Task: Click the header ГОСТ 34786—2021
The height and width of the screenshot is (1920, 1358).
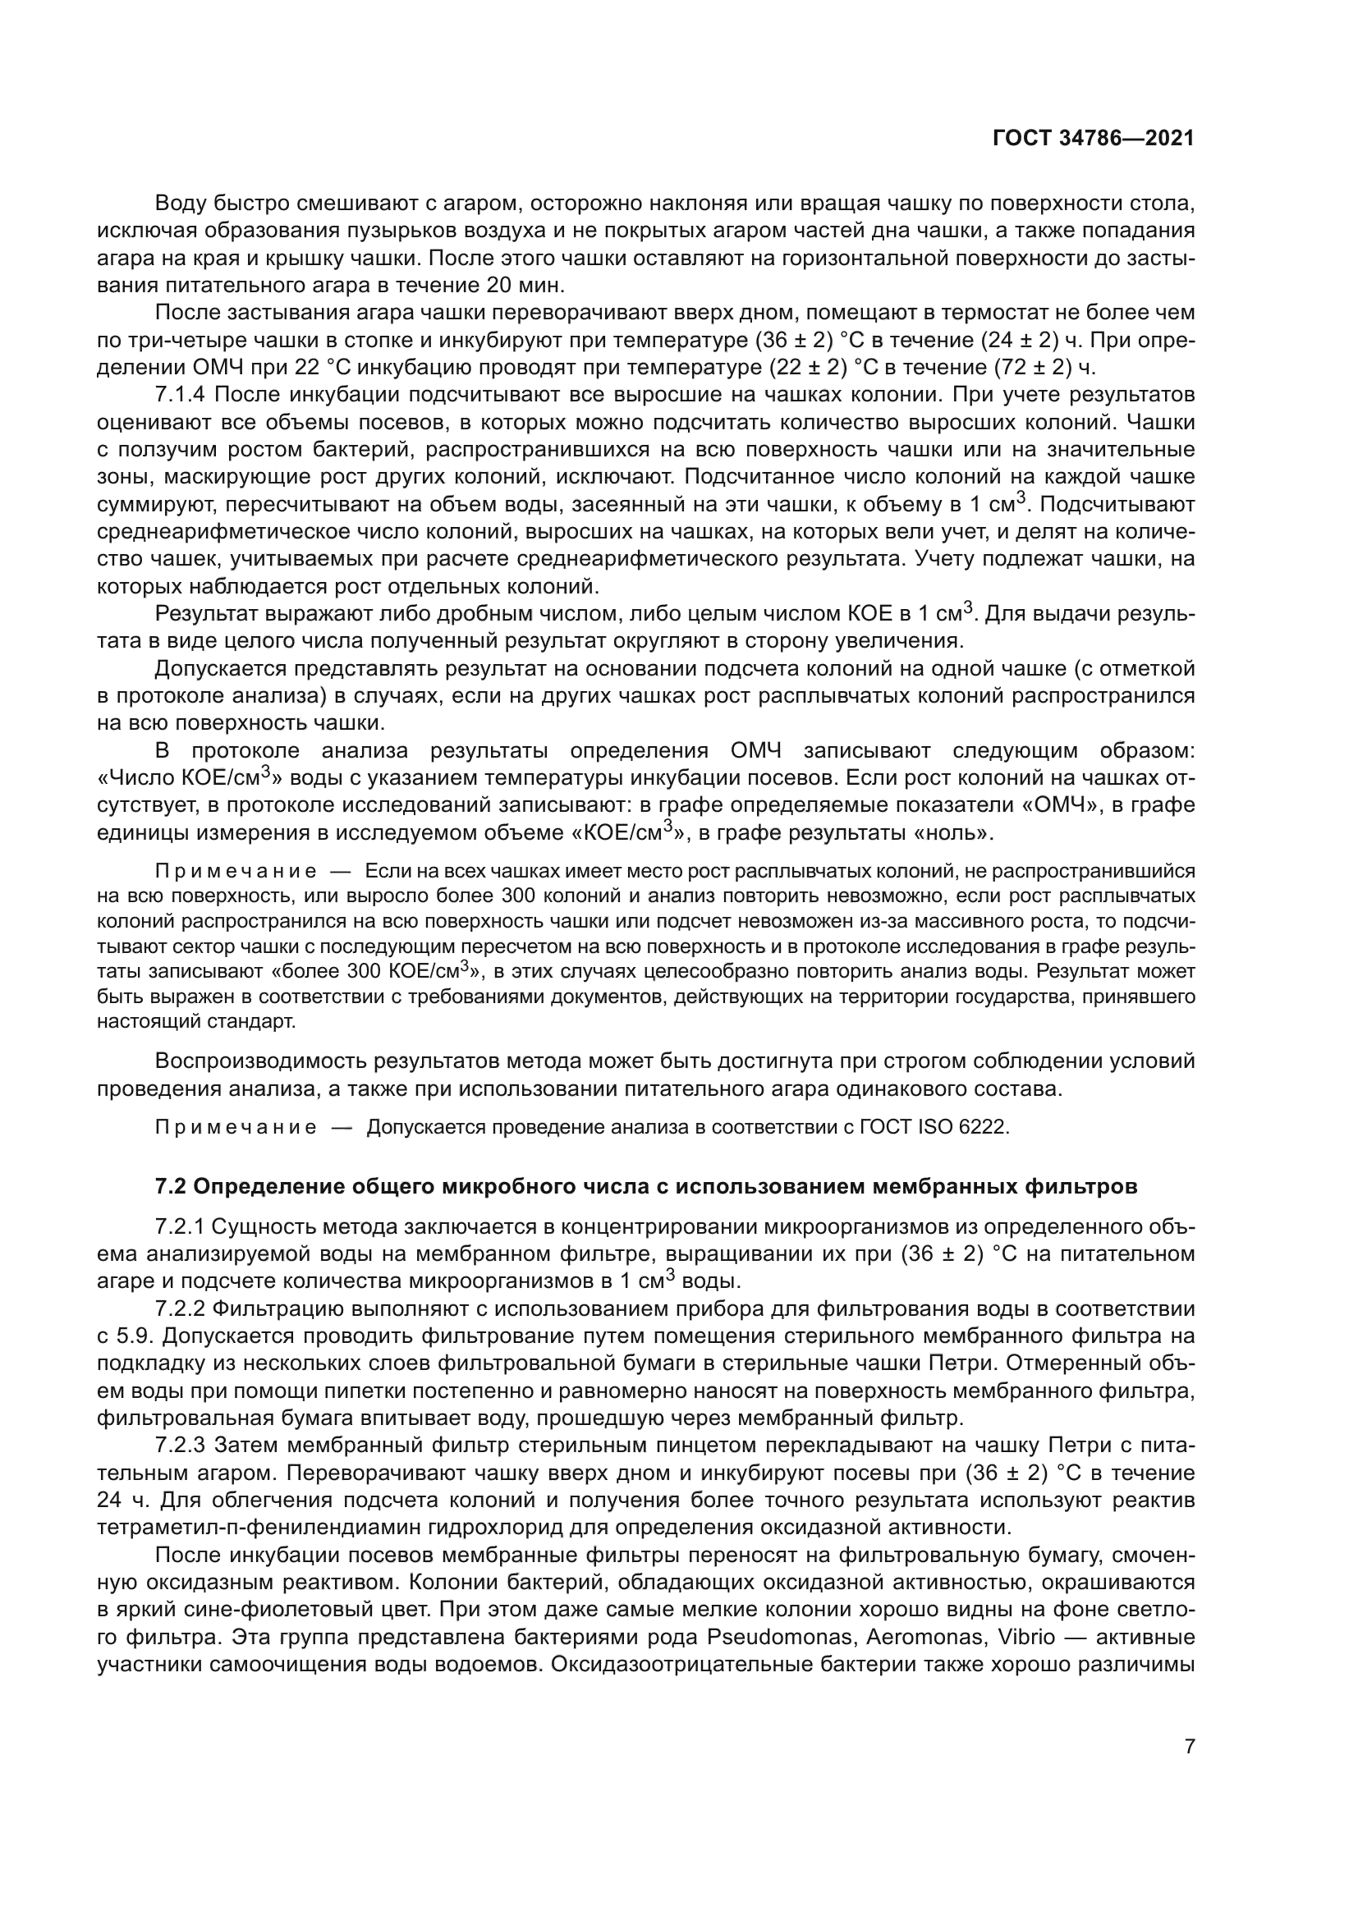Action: (x=1093, y=139)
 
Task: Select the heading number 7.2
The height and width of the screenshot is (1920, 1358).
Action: (x=172, y=1187)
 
